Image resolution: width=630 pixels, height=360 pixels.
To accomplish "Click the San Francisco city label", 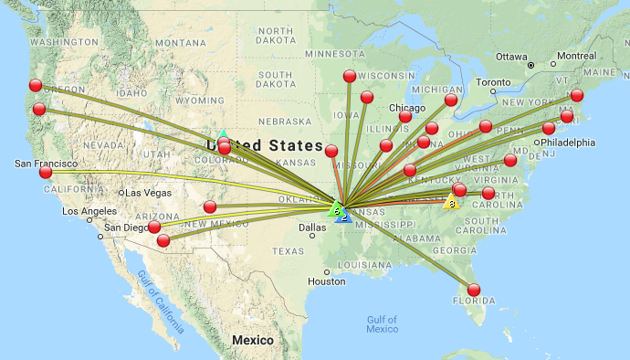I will click(x=45, y=164).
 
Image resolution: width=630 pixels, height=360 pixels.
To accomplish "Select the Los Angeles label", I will click(x=89, y=211).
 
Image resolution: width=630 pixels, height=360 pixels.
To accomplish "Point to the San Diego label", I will click(x=124, y=228).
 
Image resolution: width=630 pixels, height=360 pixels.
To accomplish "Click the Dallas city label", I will click(x=311, y=228).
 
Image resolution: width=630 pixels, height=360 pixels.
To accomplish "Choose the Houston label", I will click(x=327, y=281).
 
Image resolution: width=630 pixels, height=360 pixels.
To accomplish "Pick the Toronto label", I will click(x=494, y=82).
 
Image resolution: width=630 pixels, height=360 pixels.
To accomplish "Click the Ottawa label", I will click(x=511, y=56).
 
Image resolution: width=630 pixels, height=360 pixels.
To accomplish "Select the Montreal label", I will click(x=576, y=56).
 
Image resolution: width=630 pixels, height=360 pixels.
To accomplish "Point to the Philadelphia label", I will click(x=567, y=143).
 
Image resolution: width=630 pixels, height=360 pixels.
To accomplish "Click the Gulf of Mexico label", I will click(x=383, y=324).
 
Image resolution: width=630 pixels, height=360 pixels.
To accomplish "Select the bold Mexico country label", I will click(x=252, y=340).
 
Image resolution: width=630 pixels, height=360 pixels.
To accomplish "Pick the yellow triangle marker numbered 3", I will click(x=451, y=202).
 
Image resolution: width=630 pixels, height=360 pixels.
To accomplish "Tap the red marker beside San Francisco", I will click(x=46, y=172).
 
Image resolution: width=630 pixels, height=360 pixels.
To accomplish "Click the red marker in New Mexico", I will click(x=210, y=206).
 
